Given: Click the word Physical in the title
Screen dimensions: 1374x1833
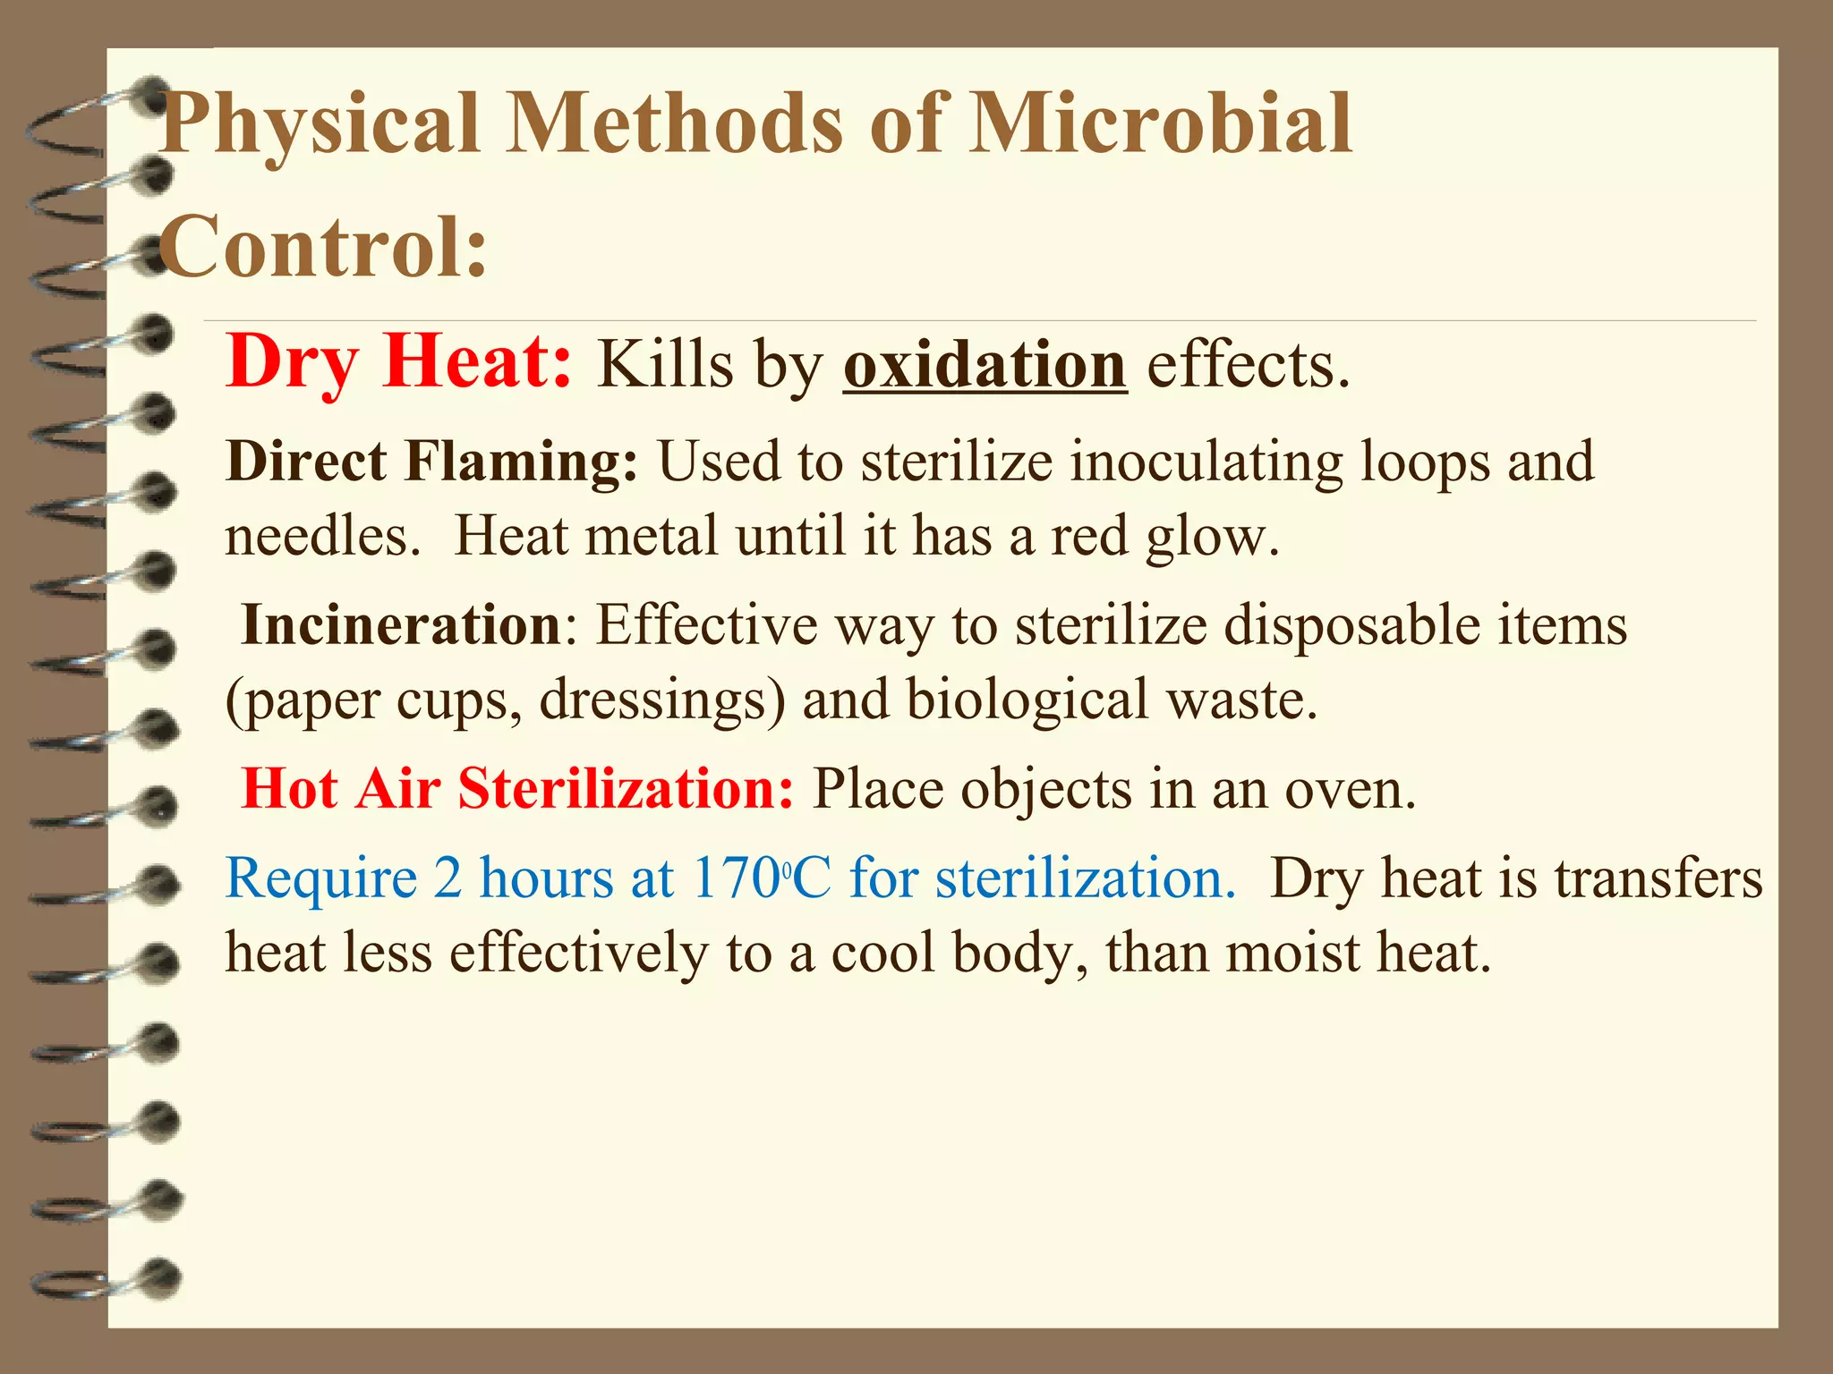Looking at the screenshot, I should coord(319,125).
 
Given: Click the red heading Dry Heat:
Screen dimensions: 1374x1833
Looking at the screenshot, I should coord(399,362).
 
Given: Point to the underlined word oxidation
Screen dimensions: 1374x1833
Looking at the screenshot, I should coord(985,365).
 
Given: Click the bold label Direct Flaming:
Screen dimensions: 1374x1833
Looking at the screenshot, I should coord(431,462).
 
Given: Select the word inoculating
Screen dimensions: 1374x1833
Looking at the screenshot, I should coord(1206,462).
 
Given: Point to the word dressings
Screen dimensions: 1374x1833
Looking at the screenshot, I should coord(662,700).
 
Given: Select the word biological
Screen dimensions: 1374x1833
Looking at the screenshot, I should coord(1027,700).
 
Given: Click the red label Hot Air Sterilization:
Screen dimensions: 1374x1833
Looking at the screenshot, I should coord(517,789).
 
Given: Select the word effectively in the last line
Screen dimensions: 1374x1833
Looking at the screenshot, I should coord(578,954).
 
